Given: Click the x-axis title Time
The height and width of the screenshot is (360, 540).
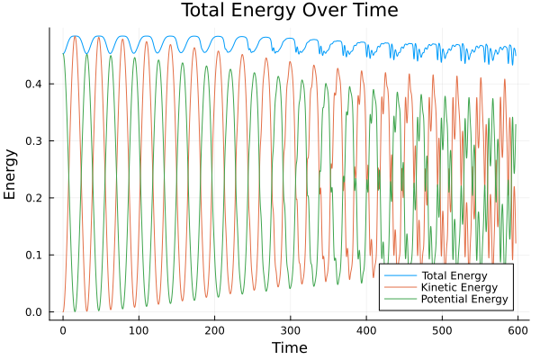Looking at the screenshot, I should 289,347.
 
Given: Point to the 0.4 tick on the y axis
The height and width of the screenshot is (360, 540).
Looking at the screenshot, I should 35,85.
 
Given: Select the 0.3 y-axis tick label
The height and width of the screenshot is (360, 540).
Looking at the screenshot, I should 35,141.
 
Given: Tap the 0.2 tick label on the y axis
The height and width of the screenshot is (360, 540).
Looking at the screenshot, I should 35,198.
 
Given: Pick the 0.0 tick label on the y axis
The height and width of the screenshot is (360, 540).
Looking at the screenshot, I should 35,312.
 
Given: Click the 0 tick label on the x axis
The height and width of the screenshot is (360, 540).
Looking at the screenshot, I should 63,330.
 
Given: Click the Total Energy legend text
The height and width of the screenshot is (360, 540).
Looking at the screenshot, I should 454,274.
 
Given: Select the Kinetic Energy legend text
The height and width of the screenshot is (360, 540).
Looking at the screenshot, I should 457,287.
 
